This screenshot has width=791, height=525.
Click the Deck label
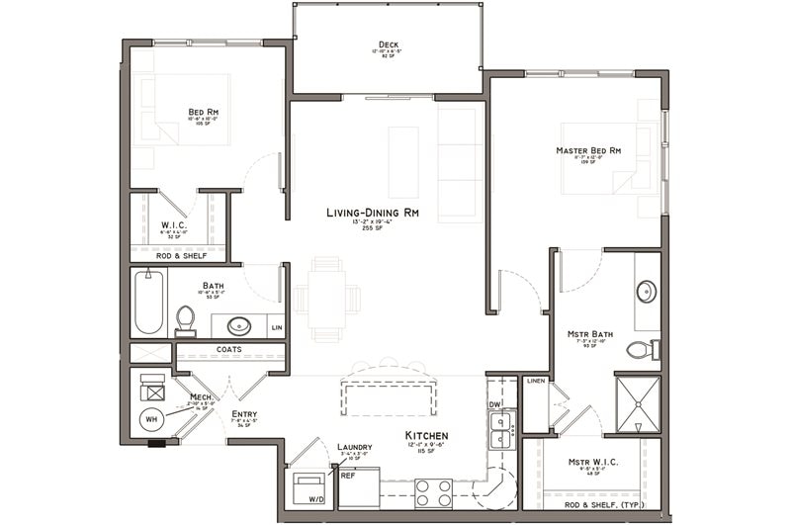point(387,44)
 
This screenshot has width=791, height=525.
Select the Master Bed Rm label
point(587,150)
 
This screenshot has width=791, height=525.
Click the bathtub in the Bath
point(148,303)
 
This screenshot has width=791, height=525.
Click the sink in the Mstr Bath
point(646,292)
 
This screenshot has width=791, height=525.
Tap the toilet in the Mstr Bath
point(640,349)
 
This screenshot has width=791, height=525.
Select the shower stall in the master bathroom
point(638,403)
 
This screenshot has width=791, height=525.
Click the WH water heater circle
point(151,419)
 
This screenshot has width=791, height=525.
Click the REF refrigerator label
point(348,476)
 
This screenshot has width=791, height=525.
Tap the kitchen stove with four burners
point(432,491)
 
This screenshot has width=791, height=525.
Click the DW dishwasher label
point(494,404)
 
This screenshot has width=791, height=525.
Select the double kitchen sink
point(500,429)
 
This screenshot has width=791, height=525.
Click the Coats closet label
point(228,349)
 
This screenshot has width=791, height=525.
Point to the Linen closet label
point(536,381)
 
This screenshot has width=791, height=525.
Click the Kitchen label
point(426,435)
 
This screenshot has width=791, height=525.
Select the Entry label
point(244,414)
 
